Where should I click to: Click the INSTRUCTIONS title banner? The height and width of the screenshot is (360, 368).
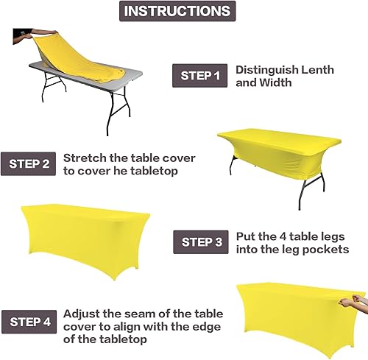coord(177,11)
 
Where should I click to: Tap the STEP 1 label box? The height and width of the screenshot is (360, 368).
coord(200,76)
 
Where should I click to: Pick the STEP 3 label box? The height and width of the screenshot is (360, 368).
coord(202,241)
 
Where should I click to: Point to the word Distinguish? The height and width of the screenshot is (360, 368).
coord(266,70)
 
